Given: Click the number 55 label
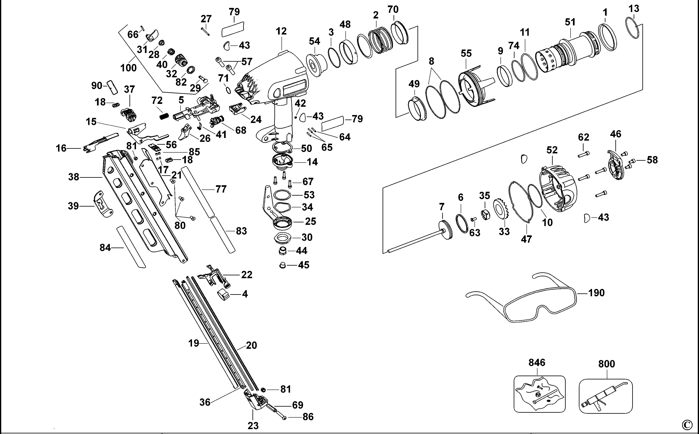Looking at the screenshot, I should click(x=466, y=53).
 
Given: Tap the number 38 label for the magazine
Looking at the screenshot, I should click(x=73, y=177).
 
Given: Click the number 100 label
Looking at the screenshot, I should click(x=128, y=68).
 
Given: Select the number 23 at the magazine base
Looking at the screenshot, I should click(x=253, y=426).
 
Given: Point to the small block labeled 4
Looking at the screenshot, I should click(x=223, y=294).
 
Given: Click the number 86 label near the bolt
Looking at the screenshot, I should click(x=308, y=417).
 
